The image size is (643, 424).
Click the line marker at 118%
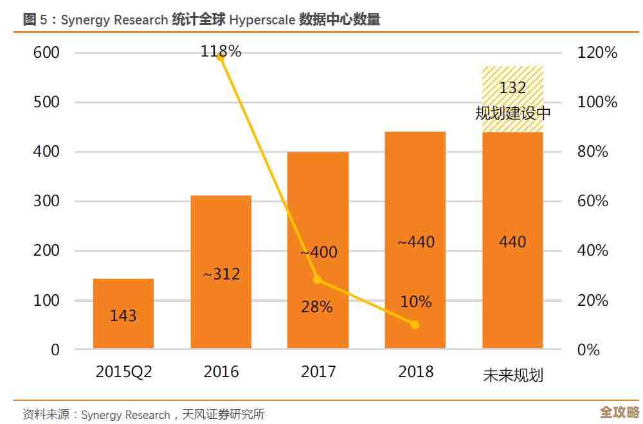click(221, 57)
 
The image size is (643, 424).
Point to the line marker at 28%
click(317, 279)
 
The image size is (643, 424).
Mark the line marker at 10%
click(415, 324)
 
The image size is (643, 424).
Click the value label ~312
click(221, 274)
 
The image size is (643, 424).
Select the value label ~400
click(318, 252)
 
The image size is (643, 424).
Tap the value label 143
click(123, 315)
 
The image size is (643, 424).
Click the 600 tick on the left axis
click(46, 53)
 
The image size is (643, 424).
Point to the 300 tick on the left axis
click(46, 201)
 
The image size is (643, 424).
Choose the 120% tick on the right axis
click(597, 53)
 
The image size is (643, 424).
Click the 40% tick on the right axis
click(593, 251)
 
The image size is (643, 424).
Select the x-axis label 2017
click(318, 372)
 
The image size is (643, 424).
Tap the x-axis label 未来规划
click(512, 375)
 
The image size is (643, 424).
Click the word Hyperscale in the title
click(262, 20)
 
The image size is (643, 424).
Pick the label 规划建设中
click(512, 114)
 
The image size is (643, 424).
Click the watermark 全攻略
click(619, 412)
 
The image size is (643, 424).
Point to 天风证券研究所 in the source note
click(223, 414)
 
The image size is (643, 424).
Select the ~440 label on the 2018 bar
click(415, 242)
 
